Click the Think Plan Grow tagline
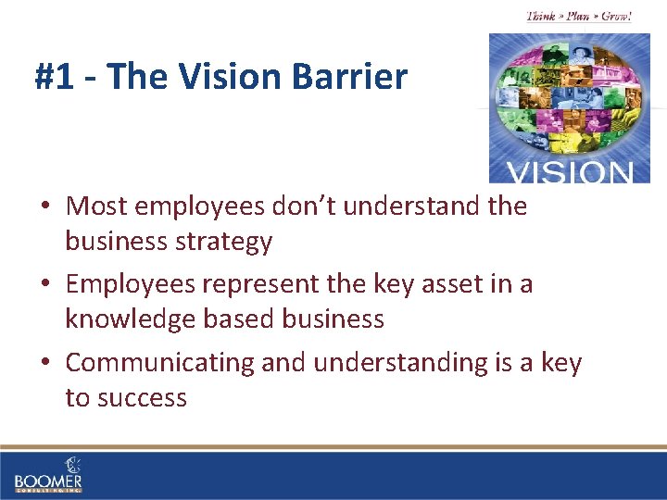click(579, 16)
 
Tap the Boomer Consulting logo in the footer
click(48, 476)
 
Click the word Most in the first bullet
click(96, 206)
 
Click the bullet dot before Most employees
click(45, 206)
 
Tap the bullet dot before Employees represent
click(45, 284)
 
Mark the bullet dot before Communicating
click(45, 363)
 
